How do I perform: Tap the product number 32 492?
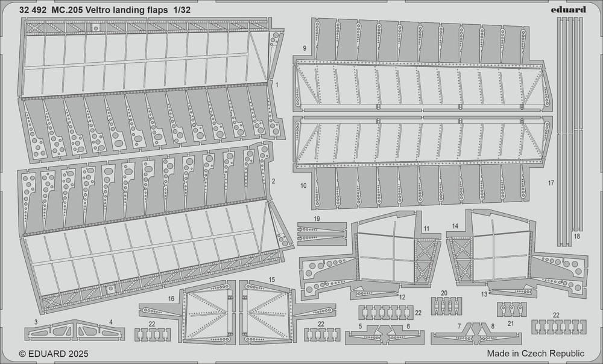point(33,10)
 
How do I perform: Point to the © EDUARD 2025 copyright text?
point(54,354)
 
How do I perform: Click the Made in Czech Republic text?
point(535,354)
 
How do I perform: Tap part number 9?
point(305,48)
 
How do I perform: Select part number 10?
point(303,186)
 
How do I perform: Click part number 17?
point(551,183)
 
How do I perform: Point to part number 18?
point(576,236)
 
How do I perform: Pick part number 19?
point(317,219)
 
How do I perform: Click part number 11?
point(426,229)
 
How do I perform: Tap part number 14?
point(455,226)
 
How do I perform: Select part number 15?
point(272,279)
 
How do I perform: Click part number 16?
point(171,298)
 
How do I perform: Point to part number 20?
point(444,293)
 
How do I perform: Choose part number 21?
point(510,324)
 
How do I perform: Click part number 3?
point(36,322)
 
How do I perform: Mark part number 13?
point(485,295)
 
